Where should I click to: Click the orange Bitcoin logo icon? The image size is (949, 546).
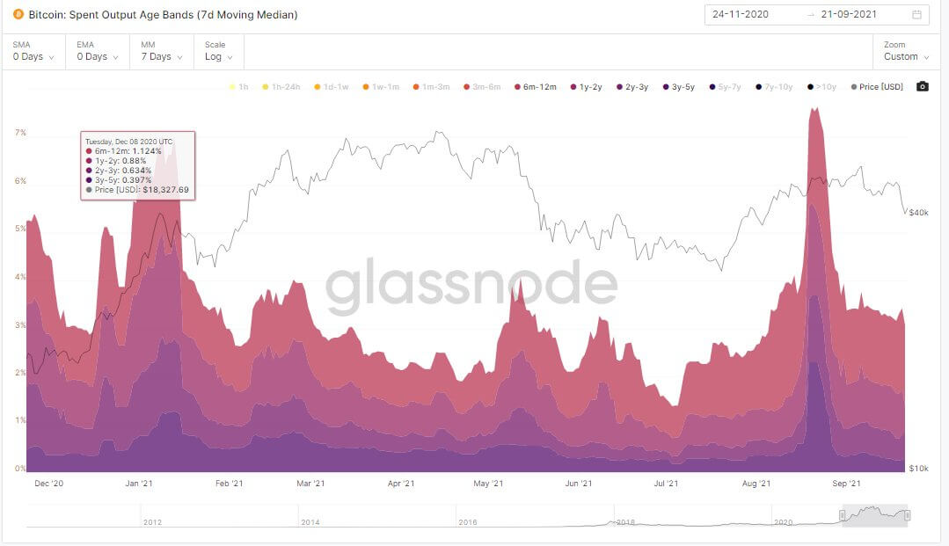click(x=18, y=14)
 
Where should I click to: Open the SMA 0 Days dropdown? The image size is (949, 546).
click(x=33, y=56)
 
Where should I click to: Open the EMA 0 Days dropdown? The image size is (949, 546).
click(x=97, y=56)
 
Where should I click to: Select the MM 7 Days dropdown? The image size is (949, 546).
click(x=160, y=56)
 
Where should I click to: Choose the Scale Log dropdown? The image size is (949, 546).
click(x=219, y=56)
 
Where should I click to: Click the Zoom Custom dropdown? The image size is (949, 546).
click(x=906, y=56)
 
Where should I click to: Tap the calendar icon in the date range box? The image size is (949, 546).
click(x=916, y=15)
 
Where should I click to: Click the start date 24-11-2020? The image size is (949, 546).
click(x=741, y=15)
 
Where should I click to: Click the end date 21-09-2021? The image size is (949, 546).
click(x=850, y=15)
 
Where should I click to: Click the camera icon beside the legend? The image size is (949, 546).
click(x=922, y=86)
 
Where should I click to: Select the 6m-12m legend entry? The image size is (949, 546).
click(x=535, y=87)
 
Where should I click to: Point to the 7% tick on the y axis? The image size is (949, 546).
click(x=20, y=133)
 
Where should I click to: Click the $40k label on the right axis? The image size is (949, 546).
click(x=918, y=213)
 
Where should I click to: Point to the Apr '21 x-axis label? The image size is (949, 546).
click(x=401, y=483)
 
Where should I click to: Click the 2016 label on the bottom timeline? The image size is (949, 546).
click(x=468, y=522)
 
